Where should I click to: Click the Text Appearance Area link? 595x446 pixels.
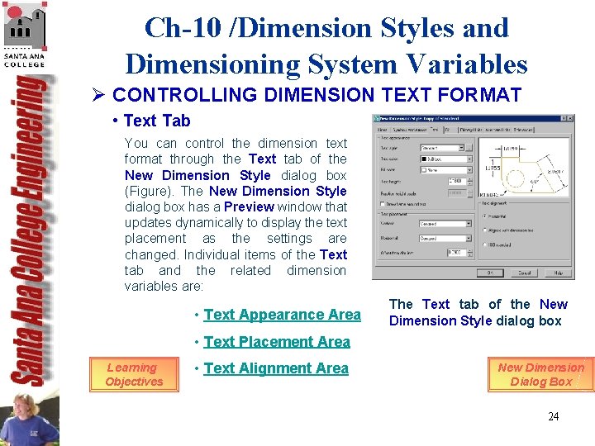pos(282,315)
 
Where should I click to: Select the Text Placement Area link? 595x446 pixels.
pos(276,342)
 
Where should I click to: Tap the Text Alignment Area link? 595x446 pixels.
pos(275,368)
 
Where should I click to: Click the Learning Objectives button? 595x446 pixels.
pos(134,374)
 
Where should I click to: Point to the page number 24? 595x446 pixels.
pos(553,416)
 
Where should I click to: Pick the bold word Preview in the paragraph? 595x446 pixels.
pos(250,207)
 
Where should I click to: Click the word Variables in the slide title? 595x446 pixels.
pos(460,64)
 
